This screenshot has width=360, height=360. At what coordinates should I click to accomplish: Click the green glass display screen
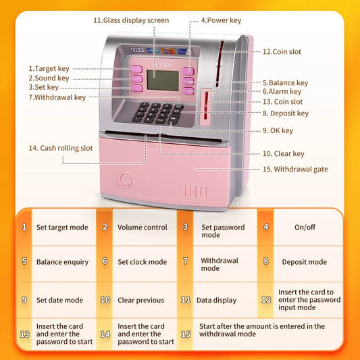coord(163,80)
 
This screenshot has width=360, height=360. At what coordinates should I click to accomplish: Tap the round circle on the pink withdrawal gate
coord(126,180)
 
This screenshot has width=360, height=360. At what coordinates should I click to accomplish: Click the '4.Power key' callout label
coord(221,20)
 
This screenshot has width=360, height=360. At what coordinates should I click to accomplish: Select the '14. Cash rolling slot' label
coord(61,148)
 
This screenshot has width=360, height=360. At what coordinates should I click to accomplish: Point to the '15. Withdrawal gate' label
coord(295,170)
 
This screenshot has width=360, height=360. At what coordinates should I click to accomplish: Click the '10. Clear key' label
coord(283,153)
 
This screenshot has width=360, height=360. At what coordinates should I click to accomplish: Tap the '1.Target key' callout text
coord(49,69)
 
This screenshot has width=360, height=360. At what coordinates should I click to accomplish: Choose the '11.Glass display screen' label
coord(131,20)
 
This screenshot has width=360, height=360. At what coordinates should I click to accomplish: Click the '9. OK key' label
coord(278,130)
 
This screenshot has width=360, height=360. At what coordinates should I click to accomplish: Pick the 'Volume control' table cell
coord(143,228)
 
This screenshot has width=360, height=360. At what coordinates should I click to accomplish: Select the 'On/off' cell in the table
coord(305,227)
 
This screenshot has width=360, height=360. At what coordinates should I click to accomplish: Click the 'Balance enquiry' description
coord(62,262)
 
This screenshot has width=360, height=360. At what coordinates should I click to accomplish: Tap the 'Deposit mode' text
coord(305,262)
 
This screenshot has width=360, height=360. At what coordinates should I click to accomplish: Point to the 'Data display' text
coord(217,301)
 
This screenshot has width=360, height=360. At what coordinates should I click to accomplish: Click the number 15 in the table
coord(186,334)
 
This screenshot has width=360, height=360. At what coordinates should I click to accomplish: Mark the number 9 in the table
coord(24,300)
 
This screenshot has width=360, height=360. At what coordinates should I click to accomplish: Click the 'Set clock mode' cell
coord(143,262)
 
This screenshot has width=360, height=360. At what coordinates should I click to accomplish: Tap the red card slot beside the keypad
coord(206,105)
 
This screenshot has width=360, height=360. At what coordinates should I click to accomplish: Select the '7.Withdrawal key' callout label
coord(57,97)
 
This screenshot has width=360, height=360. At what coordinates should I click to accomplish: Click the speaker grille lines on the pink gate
coord(196,191)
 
